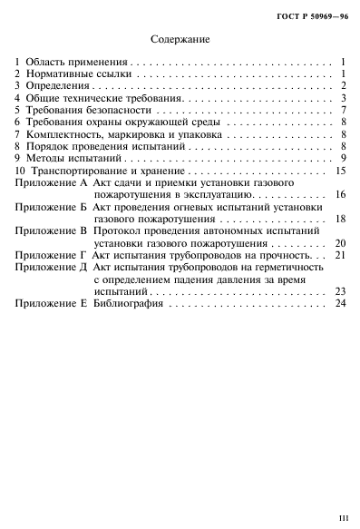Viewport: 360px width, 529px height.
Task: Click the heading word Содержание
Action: [180, 39]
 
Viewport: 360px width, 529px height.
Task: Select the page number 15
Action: [341, 170]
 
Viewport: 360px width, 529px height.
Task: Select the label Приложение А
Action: [51, 182]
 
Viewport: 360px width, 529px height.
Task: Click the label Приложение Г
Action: [51, 255]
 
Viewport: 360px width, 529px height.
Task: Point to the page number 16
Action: [341, 194]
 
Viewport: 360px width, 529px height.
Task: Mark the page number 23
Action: [341, 316]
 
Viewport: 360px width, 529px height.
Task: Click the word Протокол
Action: [116, 230]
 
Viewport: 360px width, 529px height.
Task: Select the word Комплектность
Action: [63, 133]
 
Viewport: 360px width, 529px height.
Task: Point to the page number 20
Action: [341, 243]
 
